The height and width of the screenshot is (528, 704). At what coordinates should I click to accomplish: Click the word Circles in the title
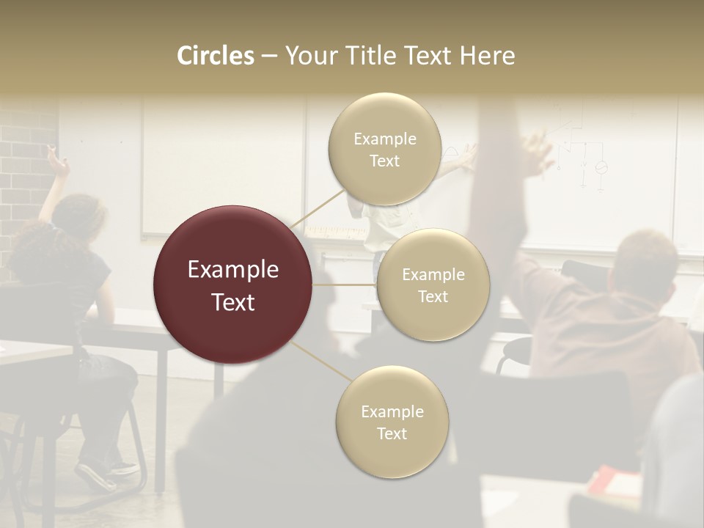(x=216, y=56)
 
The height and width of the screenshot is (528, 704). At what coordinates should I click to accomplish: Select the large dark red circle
(x=232, y=285)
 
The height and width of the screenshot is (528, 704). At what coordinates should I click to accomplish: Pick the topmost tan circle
(x=384, y=149)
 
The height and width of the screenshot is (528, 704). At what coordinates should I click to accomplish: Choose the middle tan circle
(x=433, y=285)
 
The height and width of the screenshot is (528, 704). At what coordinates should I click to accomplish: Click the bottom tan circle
(x=392, y=422)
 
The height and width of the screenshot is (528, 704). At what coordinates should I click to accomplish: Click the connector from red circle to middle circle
(x=345, y=285)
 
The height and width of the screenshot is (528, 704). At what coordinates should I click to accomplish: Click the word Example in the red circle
(x=232, y=270)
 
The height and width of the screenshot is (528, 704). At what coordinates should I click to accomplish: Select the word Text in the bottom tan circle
(x=392, y=433)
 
